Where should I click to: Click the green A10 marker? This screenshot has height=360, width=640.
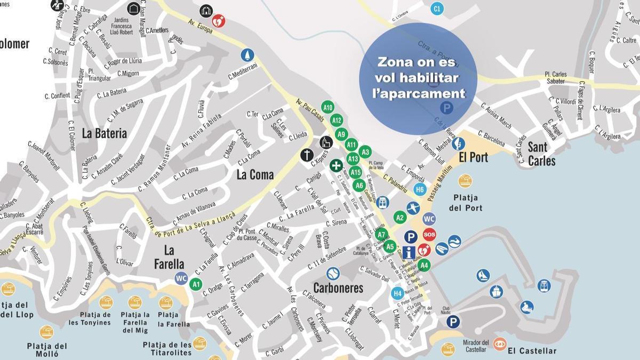(328, 107)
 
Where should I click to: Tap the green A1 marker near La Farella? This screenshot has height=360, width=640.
(196, 284)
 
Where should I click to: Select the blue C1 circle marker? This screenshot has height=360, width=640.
(437, 9)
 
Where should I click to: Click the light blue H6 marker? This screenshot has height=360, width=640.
(420, 189)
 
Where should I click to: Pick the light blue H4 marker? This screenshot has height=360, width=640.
(397, 293)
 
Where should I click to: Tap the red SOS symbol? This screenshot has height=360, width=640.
(429, 235)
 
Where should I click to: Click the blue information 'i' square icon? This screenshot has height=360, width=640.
(409, 252)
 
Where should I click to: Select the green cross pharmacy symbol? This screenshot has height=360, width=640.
(336, 165)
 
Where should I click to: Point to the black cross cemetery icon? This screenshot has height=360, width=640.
(306, 155)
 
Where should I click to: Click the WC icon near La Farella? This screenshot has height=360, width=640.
(181, 278)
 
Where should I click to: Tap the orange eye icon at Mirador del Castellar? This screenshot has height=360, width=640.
(500, 344)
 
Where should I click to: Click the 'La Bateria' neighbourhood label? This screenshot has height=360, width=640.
(105, 133)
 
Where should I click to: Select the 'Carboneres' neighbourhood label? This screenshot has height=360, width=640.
(338, 289)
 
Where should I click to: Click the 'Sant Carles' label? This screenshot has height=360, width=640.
(541, 154)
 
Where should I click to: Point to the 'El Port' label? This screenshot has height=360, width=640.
(473, 157)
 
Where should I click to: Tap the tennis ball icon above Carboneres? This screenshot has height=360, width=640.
(333, 274)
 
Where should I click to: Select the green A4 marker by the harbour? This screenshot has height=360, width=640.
(423, 265)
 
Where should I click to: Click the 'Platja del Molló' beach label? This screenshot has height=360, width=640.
(47, 350)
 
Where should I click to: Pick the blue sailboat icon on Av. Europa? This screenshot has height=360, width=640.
(247, 55)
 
